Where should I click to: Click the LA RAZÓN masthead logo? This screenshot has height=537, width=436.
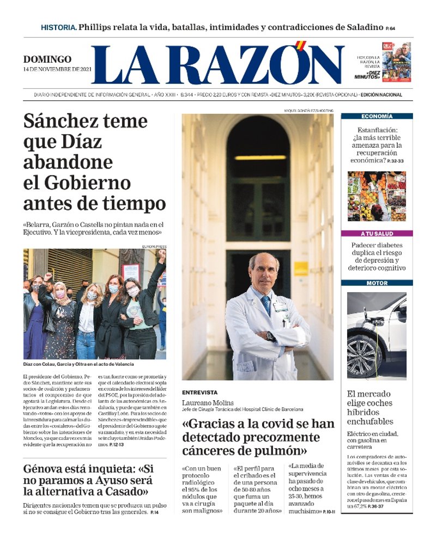tap(218, 64)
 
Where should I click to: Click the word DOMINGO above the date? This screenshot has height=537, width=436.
tap(47, 59)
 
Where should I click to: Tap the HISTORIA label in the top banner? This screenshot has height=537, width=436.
tap(58, 27)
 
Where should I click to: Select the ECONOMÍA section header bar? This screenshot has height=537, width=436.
tap(377, 116)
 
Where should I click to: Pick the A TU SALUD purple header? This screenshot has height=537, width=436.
tap(377, 233)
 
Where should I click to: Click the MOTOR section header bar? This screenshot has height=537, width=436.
tap(377, 283)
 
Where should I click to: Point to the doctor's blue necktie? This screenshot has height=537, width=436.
tap(265, 303)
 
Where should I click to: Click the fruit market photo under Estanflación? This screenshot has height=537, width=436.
tap(377, 196)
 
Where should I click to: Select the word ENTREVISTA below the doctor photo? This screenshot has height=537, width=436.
tap(199, 392)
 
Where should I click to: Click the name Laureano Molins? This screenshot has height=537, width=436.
tap(208, 403)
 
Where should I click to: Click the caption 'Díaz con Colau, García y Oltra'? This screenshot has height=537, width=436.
tap(78, 364)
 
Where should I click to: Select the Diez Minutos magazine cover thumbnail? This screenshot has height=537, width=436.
tap(396, 61)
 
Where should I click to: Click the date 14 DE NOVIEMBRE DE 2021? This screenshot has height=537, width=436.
tap(56, 69)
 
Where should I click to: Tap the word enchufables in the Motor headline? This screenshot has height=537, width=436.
tap(370, 421)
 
